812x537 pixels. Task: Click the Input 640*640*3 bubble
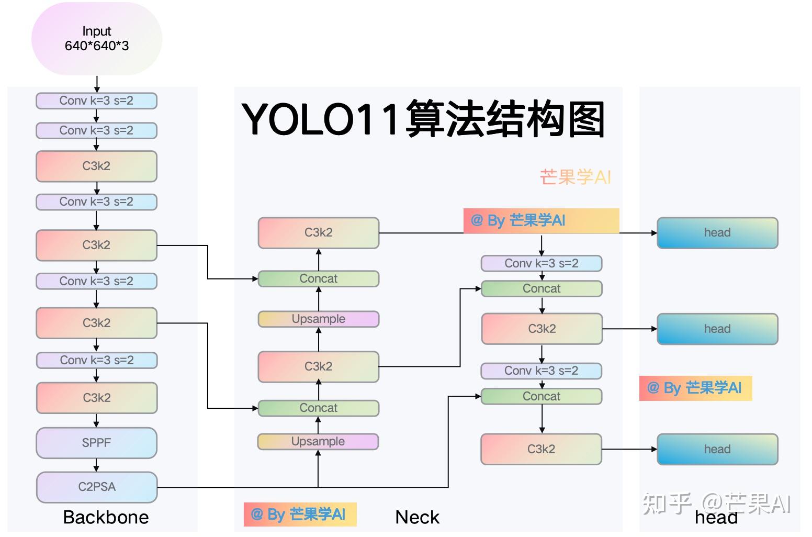coord(97,39)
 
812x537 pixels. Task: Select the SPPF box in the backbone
coord(96,443)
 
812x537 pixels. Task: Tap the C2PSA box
coord(96,487)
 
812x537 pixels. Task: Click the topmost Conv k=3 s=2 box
coord(96,100)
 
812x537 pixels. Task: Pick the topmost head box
coord(717,233)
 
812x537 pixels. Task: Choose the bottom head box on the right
coord(717,449)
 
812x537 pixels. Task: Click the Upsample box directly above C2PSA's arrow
coord(318,441)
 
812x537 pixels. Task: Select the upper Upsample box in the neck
coord(318,319)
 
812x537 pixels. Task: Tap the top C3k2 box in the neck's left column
coord(318,232)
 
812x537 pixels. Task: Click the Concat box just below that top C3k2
coord(318,278)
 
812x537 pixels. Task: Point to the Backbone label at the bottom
coord(106,517)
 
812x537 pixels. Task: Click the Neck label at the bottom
coord(417,517)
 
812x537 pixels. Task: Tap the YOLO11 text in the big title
coord(320,119)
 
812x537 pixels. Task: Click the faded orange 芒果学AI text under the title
coord(575,177)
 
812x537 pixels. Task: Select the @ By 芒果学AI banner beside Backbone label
coord(300,514)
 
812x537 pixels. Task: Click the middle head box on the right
coord(717,329)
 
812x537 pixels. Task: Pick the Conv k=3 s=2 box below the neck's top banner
coord(541,263)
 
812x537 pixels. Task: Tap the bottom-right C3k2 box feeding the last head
coord(541,449)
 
